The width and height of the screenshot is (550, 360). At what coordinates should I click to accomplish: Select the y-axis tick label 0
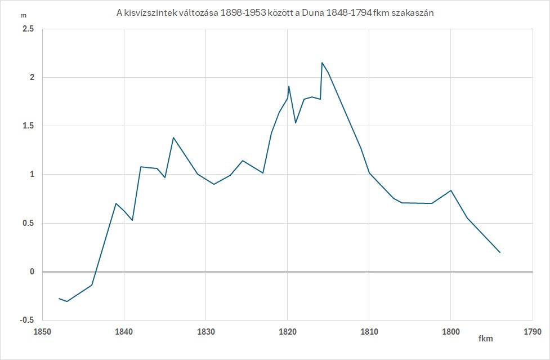click(32, 272)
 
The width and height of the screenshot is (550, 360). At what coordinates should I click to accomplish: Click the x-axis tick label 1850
click(42, 331)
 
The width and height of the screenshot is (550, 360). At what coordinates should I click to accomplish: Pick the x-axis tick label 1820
click(287, 331)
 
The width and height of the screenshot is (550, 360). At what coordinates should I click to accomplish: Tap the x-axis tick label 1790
click(532, 331)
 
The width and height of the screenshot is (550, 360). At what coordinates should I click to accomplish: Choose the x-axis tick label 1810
click(369, 331)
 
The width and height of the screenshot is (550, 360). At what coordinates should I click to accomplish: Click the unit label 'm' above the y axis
click(23, 16)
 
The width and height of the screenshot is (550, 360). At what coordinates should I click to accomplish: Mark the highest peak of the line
click(322, 63)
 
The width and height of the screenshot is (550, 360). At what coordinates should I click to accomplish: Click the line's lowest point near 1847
click(67, 301)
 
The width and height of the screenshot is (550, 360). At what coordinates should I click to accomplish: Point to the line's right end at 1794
click(500, 252)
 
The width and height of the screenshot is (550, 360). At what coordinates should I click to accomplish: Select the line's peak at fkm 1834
click(173, 137)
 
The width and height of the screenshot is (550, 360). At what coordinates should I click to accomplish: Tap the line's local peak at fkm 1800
click(451, 190)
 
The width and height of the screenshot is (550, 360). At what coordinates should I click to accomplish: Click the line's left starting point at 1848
click(59, 298)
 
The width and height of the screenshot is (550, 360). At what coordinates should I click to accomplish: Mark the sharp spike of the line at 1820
click(289, 86)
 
